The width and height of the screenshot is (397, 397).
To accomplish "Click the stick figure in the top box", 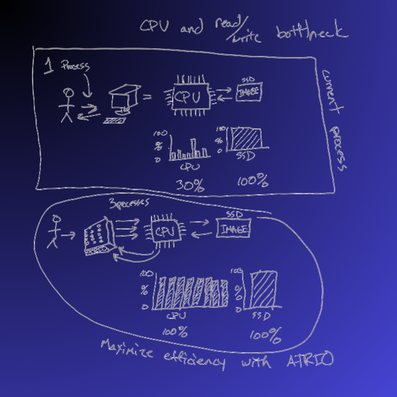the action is (x=67, y=105).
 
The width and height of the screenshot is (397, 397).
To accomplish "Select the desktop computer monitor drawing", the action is (x=124, y=98).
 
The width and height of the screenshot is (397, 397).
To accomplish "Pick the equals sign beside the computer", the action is (x=147, y=97).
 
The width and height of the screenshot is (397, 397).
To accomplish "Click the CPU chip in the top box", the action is (x=187, y=96).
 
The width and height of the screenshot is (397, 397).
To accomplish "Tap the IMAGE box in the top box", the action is (x=248, y=92).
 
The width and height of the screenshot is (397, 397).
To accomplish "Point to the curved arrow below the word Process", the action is (x=87, y=85).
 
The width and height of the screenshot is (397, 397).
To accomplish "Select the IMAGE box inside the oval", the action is (x=233, y=228).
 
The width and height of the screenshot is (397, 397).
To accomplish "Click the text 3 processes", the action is (x=129, y=203).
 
